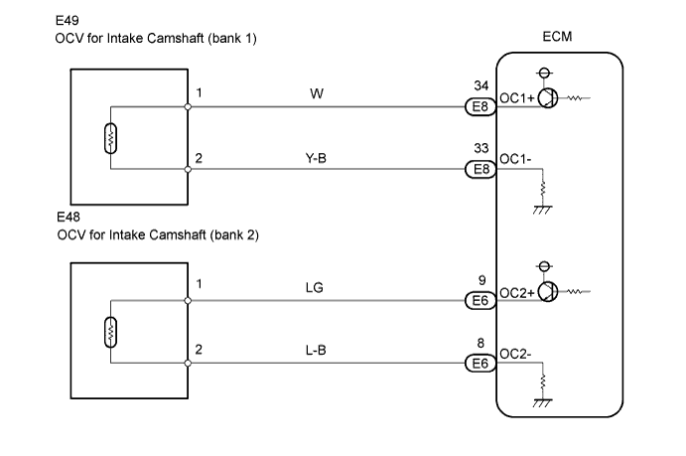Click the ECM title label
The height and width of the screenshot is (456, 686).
point(557,38)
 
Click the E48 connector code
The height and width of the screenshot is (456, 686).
point(69,216)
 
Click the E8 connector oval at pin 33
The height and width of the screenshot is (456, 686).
point(480,169)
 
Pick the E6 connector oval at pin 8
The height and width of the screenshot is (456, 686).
point(480,363)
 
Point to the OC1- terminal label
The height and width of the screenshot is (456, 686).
point(515,159)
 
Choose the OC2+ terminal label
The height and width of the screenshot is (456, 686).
point(517,292)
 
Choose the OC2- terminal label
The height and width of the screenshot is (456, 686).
point(515,354)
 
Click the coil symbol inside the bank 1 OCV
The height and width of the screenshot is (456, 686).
point(109,138)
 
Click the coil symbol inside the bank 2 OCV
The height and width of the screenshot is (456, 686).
point(109,332)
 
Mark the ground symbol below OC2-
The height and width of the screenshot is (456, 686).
point(542,401)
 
